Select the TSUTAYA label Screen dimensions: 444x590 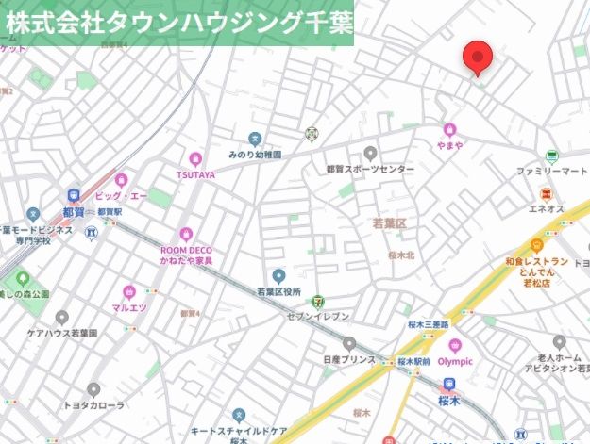click(195, 174)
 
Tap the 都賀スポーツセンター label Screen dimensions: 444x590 click(370, 169)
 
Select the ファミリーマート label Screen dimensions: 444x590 click(551, 173)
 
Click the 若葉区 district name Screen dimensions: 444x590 click(388, 223)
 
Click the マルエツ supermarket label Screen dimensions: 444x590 click(127, 307)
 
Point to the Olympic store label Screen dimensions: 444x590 click(455, 361)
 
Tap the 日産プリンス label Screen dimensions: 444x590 click(348, 360)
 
